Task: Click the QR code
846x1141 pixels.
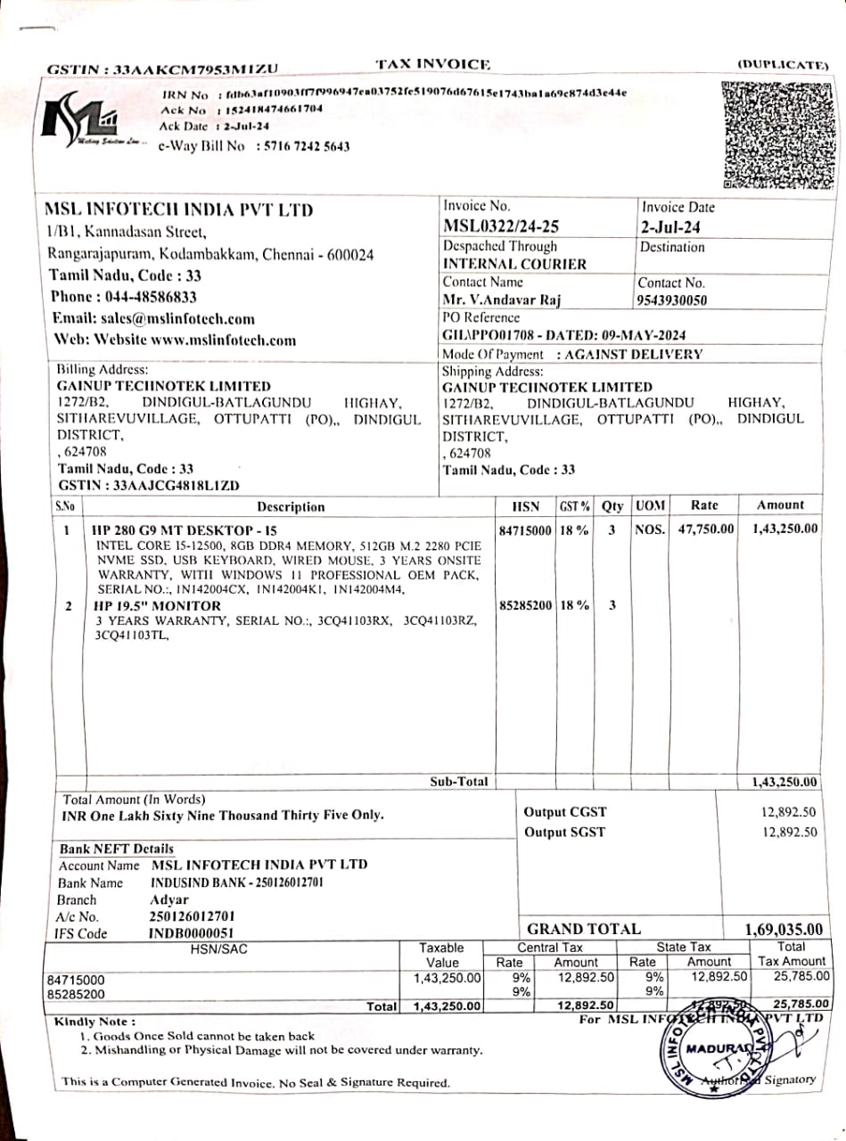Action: [779, 135]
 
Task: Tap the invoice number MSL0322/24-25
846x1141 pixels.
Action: [501, 226]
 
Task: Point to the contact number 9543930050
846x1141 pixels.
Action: [673, 300]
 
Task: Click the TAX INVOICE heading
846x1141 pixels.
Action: [432, 64]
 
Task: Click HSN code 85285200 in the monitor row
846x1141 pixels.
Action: [525, 605]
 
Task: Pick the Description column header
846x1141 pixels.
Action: [291, 506]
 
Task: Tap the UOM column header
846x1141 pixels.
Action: [650, 505]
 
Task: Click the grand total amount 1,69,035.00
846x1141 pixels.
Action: [784, 930]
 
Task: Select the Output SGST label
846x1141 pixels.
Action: [564, 833]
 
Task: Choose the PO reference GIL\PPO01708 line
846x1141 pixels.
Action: [564, 335]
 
